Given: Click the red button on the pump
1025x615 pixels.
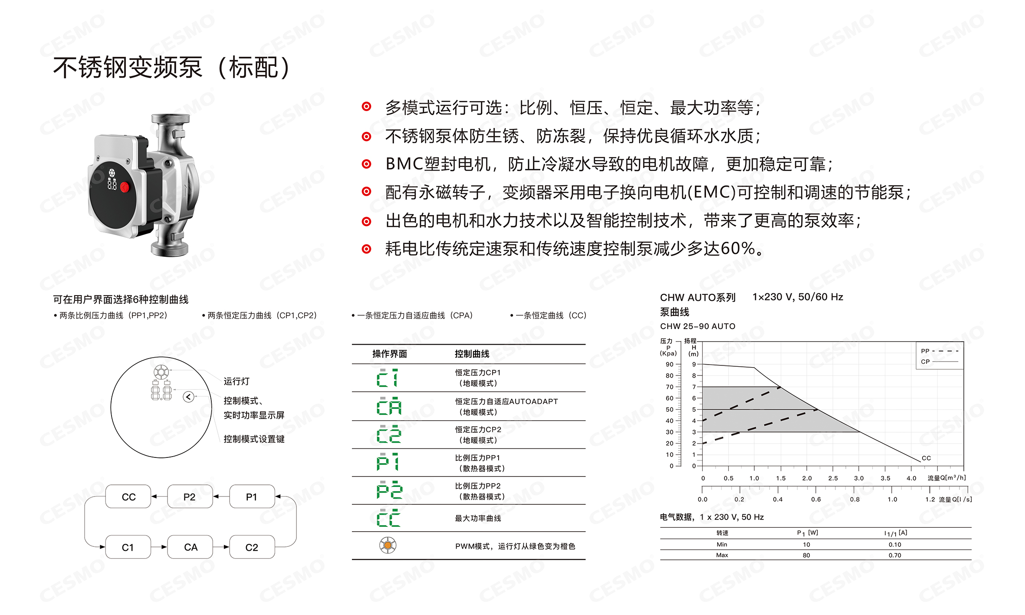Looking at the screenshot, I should (x=125, y=187).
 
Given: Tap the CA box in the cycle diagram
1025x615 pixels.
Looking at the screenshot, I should (x=190, y=547).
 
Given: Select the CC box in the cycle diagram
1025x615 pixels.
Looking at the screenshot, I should (x=128, y=497).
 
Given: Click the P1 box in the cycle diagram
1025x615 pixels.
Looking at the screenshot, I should (x=252, y=497).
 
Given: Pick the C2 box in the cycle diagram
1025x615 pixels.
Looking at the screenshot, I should (x=252, y=547).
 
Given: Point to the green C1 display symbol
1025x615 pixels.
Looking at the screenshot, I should (x=388, y=378).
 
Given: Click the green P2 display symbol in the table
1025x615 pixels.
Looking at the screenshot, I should (x=389, y=490).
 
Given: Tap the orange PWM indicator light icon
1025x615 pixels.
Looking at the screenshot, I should (x=388, y=546).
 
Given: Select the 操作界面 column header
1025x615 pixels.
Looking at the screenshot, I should (x=389, y=354).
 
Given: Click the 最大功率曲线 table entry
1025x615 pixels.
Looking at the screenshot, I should (x=478, y=518).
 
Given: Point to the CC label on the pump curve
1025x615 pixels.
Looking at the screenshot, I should (x=926, y=458).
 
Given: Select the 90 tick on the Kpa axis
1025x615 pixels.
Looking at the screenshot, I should (x=670, y=364).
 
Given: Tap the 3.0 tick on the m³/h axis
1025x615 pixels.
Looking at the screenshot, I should (x=859, y=478).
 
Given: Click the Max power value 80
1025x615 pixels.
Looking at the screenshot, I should (x=806, y=555).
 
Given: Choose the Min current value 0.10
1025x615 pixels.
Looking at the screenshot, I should (x=894, y=544).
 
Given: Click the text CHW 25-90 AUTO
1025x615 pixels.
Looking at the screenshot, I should (x=697, y=326).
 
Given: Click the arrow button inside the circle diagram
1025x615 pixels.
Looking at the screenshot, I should (x=188, y=396).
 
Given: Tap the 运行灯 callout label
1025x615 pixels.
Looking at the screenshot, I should (x=237, y=381).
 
